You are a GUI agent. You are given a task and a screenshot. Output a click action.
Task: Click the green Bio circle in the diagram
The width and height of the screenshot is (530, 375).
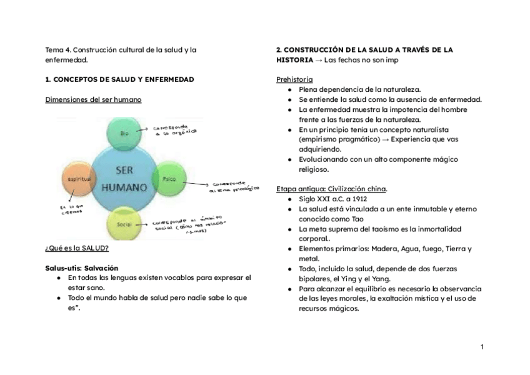point(125,134)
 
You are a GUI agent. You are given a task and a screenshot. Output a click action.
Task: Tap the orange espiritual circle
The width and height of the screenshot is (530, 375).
point(77,179)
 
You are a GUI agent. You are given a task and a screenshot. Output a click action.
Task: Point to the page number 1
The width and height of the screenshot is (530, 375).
point(482,347)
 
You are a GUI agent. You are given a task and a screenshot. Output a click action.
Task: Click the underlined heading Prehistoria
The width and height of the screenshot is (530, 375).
point(294,79)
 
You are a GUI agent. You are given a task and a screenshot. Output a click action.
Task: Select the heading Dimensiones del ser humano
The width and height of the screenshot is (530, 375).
point(93,99)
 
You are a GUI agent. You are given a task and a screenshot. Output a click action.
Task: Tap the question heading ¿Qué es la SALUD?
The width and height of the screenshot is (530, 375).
point(76,247)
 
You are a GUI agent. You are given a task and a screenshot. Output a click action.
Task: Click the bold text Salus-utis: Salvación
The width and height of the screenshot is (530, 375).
point(82,267)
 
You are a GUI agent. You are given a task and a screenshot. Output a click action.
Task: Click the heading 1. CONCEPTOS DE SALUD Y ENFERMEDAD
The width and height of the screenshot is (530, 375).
point(119,79)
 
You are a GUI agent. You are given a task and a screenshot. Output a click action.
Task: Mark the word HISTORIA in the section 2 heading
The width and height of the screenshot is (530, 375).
point(294,59)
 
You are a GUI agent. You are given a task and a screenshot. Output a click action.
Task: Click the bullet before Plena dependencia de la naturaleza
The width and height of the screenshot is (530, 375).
point(290,89)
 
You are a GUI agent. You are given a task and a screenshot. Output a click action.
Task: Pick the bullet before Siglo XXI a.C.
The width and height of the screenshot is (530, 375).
point(290,199)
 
